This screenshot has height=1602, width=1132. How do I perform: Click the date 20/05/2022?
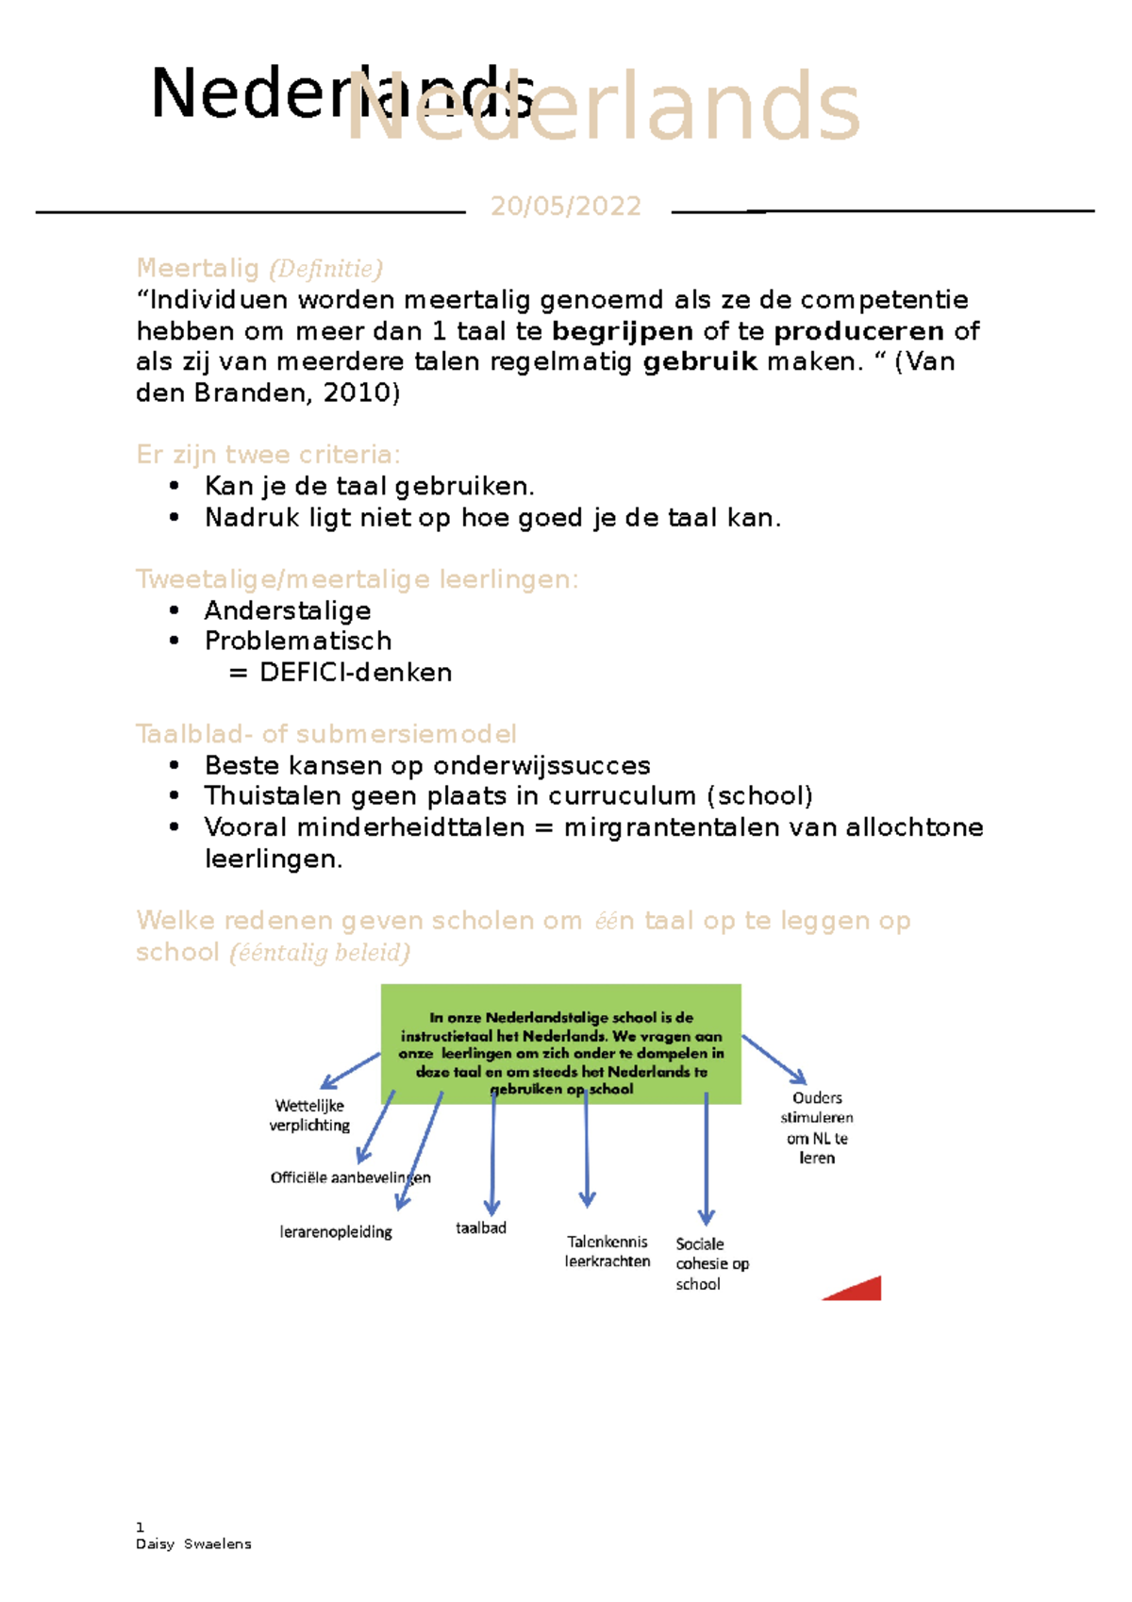pos(565,206)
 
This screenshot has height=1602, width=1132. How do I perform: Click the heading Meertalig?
pos(197,268)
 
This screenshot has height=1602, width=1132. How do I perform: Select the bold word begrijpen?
pos(622,331)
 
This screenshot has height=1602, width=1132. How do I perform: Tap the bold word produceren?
pos(857,331)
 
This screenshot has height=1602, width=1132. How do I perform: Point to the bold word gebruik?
pos(699,362)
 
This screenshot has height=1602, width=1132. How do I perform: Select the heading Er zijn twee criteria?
pos(268,455)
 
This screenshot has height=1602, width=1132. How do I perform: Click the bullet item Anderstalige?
pos(288,610)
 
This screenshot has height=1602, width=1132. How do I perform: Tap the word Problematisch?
pos(298,642)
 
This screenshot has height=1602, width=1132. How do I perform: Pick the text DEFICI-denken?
pos(356,673)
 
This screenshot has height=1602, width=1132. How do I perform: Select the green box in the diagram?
pos(560,1043)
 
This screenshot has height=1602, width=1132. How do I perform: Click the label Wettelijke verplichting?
pos(309,1115)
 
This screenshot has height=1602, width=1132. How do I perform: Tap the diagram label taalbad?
pos(481,1227)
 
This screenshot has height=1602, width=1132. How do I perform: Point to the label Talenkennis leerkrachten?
pos(608,1251)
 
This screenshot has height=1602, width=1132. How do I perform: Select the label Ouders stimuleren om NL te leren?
pos(817,1127)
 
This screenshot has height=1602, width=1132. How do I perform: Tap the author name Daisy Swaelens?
pos(193,1544)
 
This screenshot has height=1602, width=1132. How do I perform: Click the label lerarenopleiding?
pos(336,1231)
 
